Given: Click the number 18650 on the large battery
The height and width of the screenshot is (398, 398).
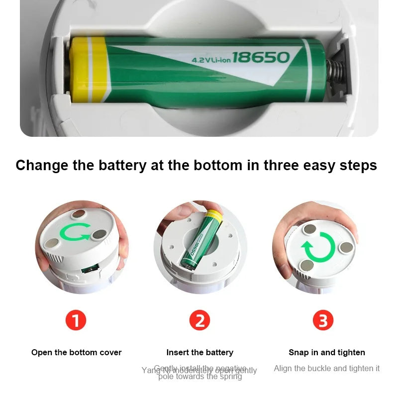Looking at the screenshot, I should click(261, 57).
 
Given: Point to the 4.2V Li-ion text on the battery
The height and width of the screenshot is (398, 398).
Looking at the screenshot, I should click(211, 60).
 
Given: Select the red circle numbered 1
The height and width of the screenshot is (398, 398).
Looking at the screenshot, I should click(76, 320).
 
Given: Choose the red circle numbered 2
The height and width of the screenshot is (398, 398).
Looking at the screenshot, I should click(199, 320).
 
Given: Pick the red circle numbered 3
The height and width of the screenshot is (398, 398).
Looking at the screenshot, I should click(323, 320).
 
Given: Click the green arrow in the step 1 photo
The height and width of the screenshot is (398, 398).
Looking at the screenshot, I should click(75, 232).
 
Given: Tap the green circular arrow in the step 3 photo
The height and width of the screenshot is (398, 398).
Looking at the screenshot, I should click(318, 247).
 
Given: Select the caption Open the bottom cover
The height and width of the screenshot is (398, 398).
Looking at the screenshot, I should click(77, 352).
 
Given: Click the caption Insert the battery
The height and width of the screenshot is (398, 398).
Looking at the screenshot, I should click(199, 352).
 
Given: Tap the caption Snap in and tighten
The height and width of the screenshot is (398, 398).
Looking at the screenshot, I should click(327, 352).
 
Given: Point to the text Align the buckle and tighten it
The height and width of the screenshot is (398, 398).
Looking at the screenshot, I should click(327, 368).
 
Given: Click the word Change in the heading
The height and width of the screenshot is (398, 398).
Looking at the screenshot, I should click(42, 165).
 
